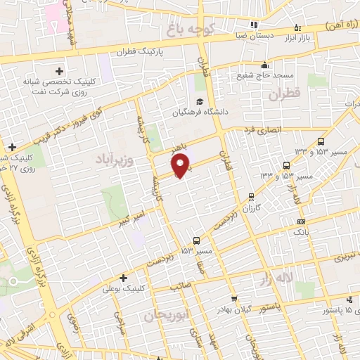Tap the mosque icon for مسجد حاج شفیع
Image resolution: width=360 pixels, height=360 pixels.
[x=264, y=64]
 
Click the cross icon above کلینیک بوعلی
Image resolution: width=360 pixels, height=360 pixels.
[x=124, y=277]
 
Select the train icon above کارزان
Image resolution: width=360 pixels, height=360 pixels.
[x=251, y=196]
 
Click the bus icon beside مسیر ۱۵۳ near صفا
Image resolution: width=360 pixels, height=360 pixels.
[x=196, y=238]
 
